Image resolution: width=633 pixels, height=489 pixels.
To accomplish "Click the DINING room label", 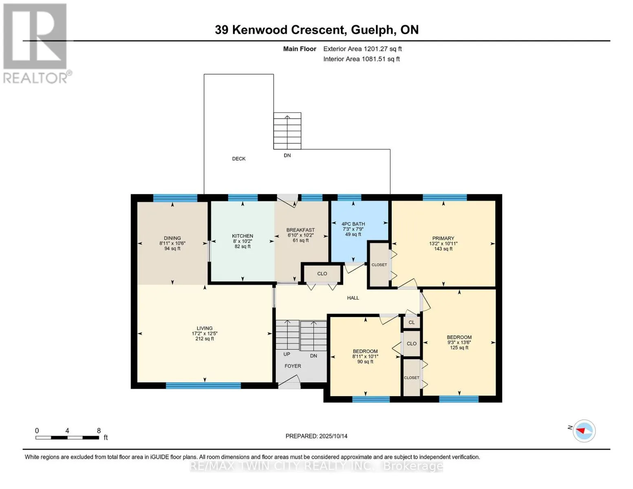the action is (172, 238).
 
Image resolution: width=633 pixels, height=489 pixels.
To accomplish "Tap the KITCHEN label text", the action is (243, 236).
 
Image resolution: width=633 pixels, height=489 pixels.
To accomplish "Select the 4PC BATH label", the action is (353, 224).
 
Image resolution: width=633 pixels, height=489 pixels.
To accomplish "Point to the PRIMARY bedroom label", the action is (443, 238).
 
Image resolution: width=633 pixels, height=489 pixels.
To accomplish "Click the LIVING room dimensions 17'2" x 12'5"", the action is (205, 333).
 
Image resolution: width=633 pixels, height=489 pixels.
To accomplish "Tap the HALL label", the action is (353, 297).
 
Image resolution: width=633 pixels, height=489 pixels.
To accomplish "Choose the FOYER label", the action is (293, 366).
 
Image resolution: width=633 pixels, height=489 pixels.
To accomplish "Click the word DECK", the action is (238, 159).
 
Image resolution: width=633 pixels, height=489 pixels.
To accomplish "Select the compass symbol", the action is (584, 431).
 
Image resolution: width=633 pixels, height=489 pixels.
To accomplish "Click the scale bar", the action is (67, 437).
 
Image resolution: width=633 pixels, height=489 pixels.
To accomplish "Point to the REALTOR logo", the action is (36, 44).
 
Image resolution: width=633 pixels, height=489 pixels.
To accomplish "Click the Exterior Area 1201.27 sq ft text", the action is (362, 49).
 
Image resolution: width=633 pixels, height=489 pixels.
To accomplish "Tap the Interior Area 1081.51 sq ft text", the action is (361, 59).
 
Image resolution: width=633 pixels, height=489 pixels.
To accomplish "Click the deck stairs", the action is (287, 131).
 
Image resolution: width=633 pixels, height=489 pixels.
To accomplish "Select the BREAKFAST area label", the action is (300, 230).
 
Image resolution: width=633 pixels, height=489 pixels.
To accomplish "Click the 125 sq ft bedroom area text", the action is (459, 348).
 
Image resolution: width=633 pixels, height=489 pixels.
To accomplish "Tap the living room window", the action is (203, 385).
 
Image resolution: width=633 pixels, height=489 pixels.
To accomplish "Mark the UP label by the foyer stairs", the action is (287, 354).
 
